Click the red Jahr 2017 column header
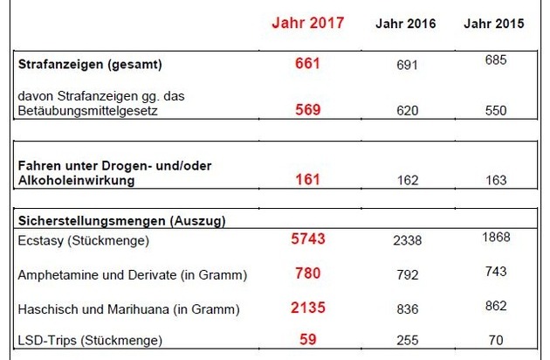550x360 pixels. [x=308, y=23]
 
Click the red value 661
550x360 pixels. [x=308, y=65]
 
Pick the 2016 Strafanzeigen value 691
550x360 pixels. [x=407, y=66]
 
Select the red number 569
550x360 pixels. [x=308, y=110]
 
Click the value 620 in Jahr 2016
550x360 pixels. [x=407, y=111]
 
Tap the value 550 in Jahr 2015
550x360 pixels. [x=495, y=111]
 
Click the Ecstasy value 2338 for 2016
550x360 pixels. [x=407, y=239]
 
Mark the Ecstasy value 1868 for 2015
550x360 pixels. [x=495, y=237]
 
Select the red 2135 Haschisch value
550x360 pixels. [x=308, y=307]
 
